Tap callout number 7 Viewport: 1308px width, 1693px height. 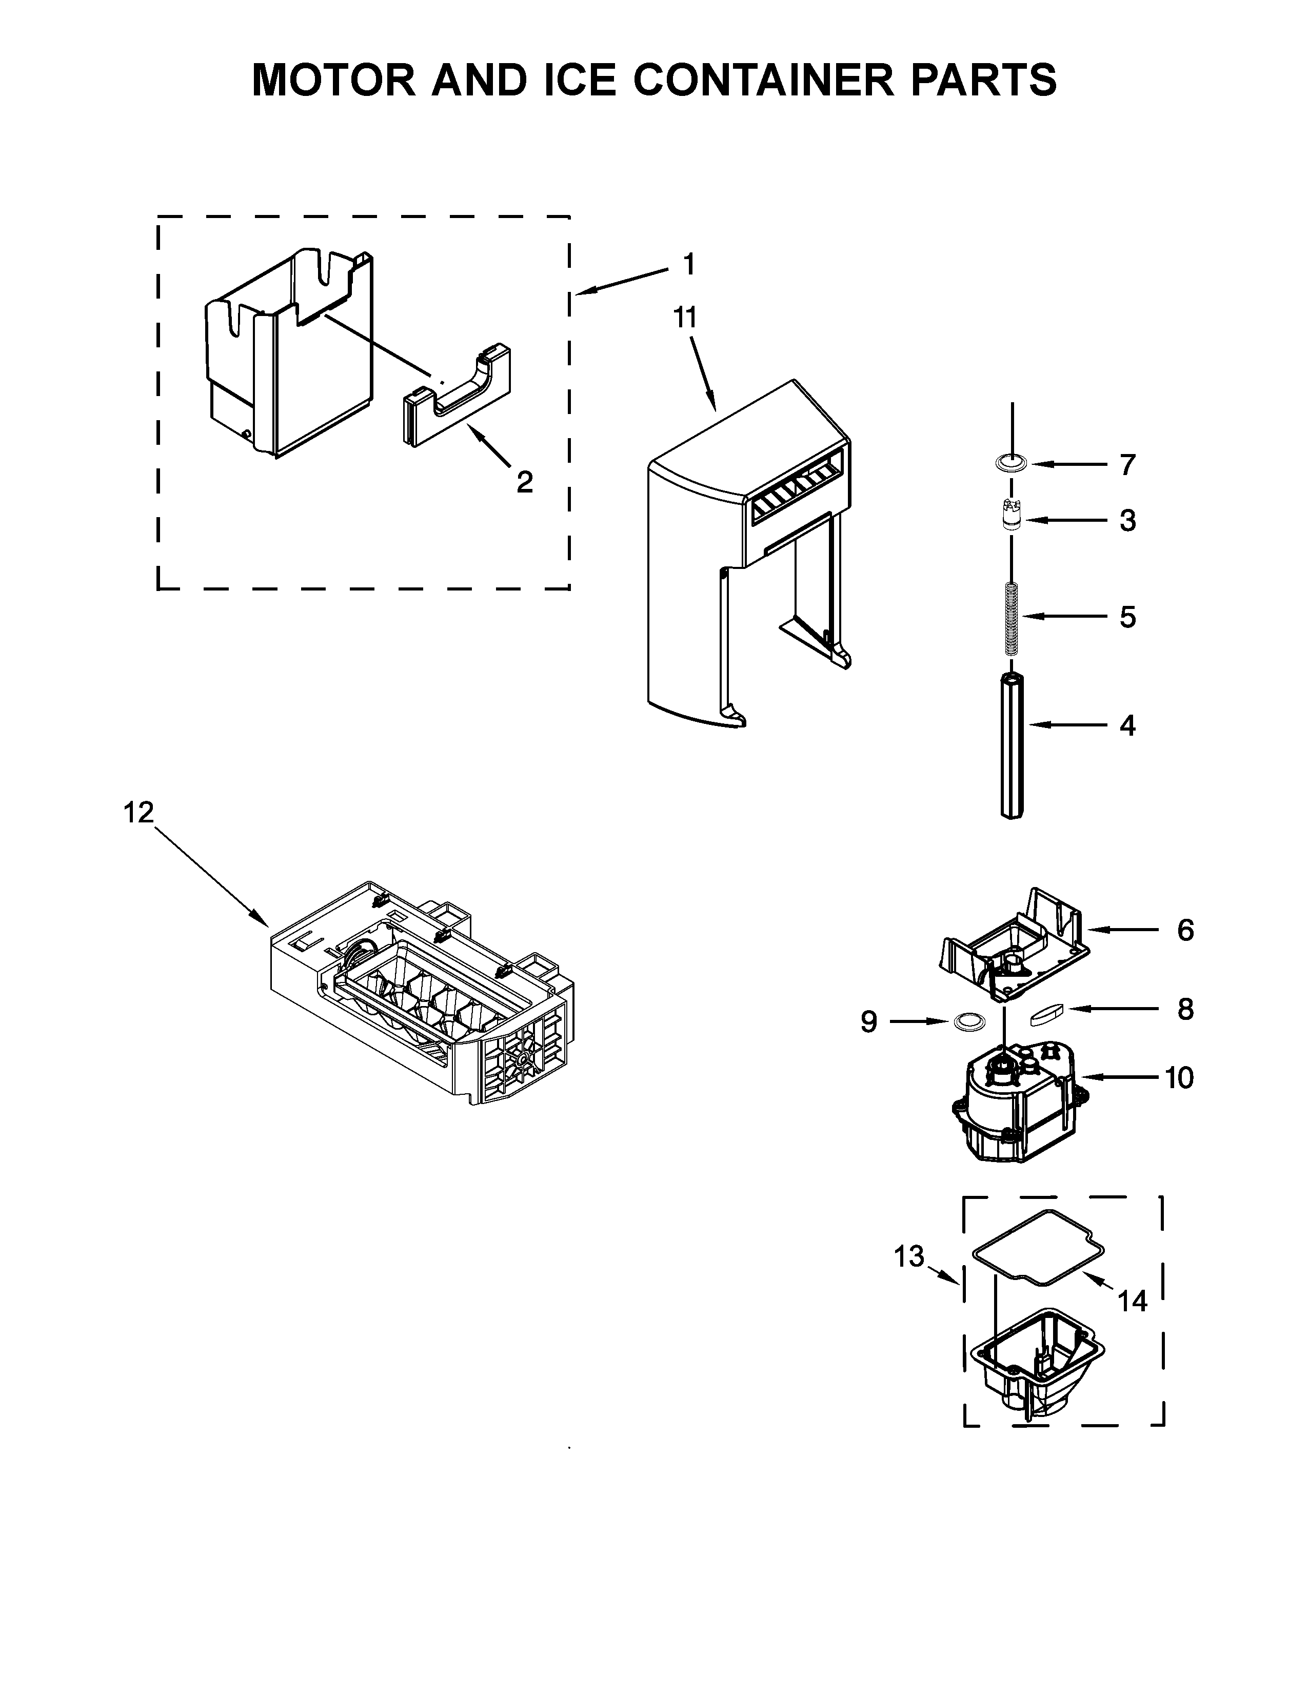click(1127, 465)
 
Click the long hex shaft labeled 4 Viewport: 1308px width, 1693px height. click(1012, 744)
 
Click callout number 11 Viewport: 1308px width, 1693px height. click(685, 318)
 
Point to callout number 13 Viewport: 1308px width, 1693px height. click(909, 1256)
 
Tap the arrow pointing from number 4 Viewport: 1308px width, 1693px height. click(1069, 725)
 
